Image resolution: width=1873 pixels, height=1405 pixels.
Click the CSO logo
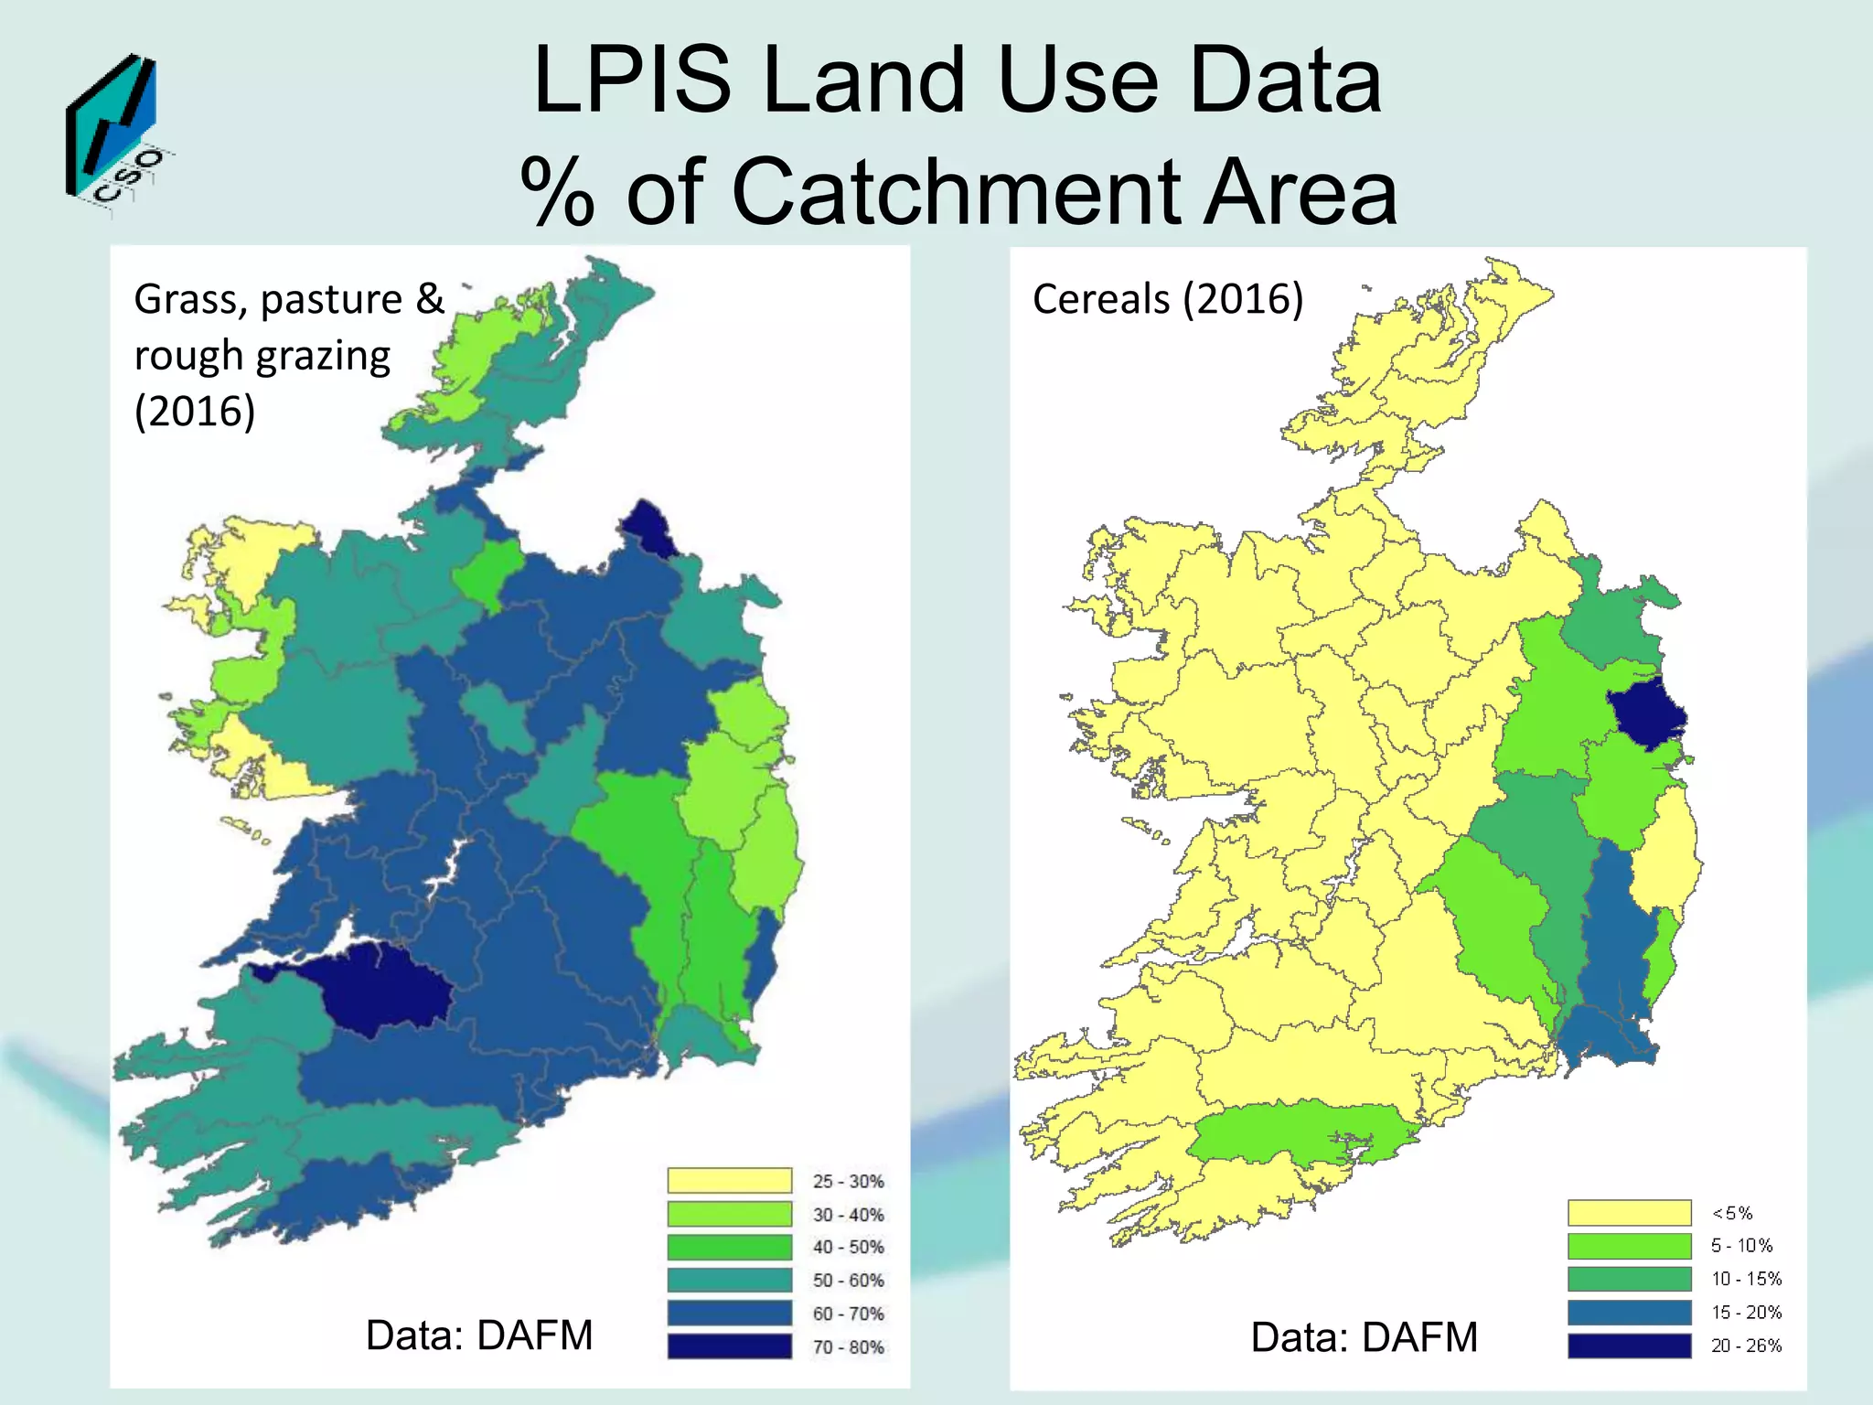114,133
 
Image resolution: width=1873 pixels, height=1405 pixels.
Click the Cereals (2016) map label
1167,299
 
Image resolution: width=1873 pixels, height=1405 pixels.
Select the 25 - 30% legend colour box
729,1180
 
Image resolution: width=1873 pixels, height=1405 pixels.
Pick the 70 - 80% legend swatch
729,1346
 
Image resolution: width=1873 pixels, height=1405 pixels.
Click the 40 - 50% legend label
848,1247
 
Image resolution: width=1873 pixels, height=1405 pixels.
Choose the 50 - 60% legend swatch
729,1280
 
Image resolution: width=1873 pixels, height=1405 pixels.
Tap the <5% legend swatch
1629,1213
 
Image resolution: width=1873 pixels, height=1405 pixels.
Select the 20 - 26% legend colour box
1629,1346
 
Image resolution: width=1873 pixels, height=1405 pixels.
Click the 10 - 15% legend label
1746,1279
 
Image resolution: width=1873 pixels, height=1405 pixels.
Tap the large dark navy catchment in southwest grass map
380,988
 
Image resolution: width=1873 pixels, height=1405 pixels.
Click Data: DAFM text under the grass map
479,1335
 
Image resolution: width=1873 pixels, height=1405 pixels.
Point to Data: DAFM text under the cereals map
1364,1337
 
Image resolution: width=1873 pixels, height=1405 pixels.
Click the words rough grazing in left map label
262,357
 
